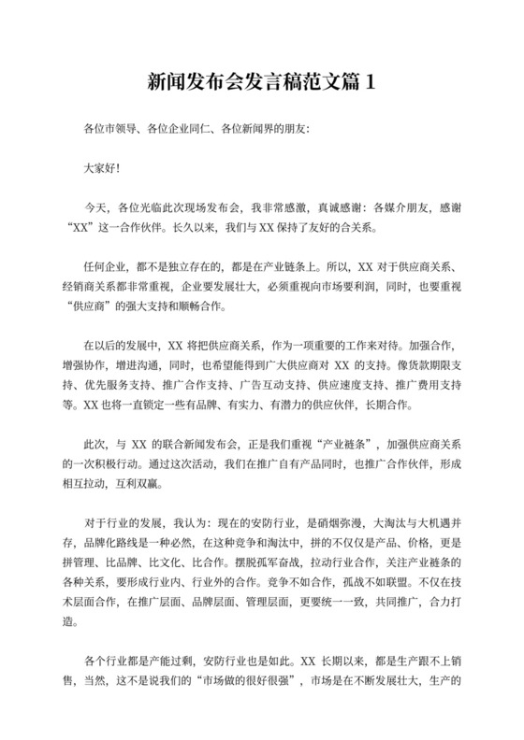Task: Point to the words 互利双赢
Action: (138, 488)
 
